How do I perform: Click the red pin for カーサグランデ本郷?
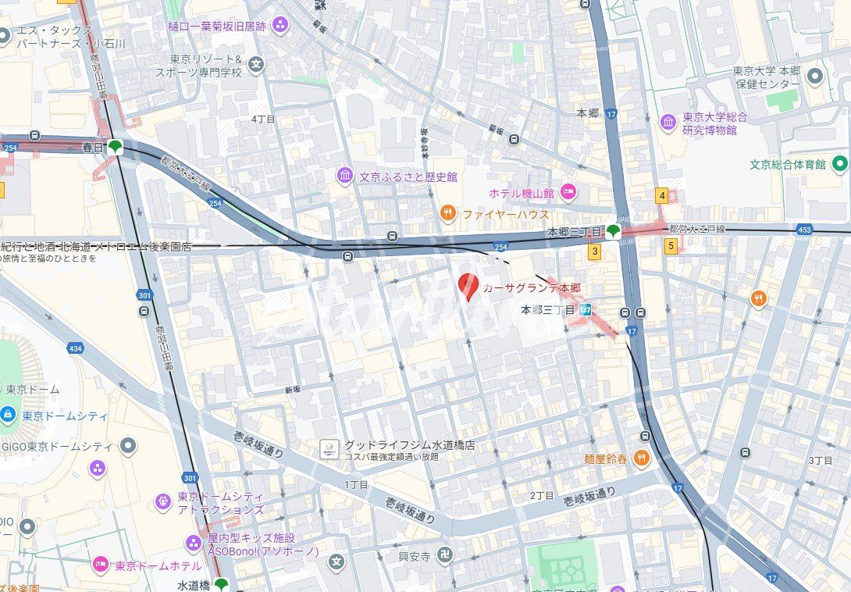tap(468, 286)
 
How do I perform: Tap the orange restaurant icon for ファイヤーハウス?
tap(447, 213)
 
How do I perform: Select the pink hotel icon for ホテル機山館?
tap(568, 192)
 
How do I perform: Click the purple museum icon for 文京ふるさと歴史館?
tap(345, 176)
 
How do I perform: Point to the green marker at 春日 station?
tap(116, 146)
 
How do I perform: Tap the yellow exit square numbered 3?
tap(595, 251)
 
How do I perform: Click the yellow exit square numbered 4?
tap(662, 195)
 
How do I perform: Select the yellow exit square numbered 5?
tap(671, 245)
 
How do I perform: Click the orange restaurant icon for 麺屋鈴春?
tap(642, 458)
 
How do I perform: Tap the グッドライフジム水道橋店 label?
tap(409, 445)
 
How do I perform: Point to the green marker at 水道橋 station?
tap(222, 584)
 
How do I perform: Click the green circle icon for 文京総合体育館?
tap(840, 164)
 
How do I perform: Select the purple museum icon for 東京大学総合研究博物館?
tap(668, 123)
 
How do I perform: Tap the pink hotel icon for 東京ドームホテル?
tap(101, 565)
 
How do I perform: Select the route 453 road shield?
tap(804, 230)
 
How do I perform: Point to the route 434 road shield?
tap(75, 348)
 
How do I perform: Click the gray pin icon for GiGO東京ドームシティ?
tap(127, 447)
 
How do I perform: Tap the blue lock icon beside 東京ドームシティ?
tap(7, 415)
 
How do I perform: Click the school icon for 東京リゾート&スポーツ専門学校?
tap(257, 64)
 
